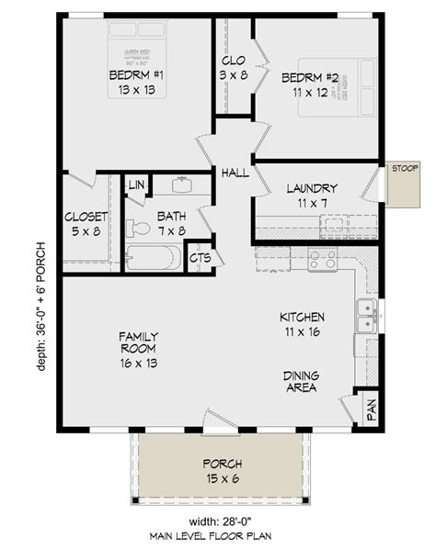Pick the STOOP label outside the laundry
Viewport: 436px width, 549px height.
coord(405,168)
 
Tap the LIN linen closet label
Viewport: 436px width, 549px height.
coord(137,185)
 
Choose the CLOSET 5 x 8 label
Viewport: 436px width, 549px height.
coord(86,225)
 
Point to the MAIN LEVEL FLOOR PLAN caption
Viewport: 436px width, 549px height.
coord(217,535)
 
